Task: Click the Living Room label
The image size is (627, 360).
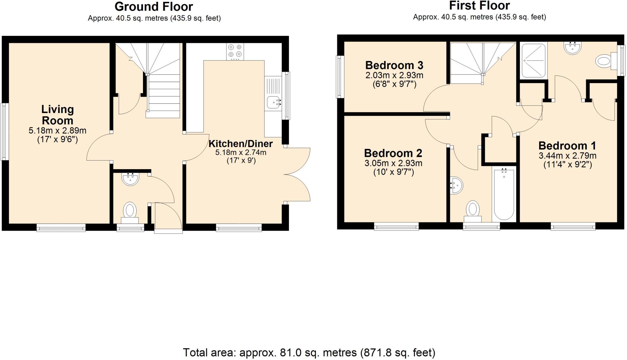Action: [x=58, y=115]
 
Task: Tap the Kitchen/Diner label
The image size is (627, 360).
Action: [x=240, y=144]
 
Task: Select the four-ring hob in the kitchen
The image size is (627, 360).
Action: [x=235, y=51]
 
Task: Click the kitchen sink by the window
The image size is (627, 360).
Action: [x=273, y=102]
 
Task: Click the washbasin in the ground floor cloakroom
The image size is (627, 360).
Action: [x=130, y=179]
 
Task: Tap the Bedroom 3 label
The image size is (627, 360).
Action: [x=394, y=65]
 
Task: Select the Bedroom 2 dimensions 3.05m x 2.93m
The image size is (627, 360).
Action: [x=393, y=163]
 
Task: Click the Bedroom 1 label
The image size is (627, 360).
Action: [x=567, y=146]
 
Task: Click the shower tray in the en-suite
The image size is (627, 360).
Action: [x=534, y=60]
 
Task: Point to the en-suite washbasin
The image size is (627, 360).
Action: [x=572, y=48]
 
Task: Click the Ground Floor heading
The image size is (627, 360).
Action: [x=154, y=6]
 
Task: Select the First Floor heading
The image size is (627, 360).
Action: [x=479, y=6]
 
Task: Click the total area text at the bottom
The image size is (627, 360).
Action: [x=309, y=353]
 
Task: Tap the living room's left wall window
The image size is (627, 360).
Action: [x=4, y=132]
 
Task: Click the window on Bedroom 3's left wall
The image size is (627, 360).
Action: [x=339, y=77]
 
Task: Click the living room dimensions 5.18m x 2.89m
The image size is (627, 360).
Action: [x=58, y=131]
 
